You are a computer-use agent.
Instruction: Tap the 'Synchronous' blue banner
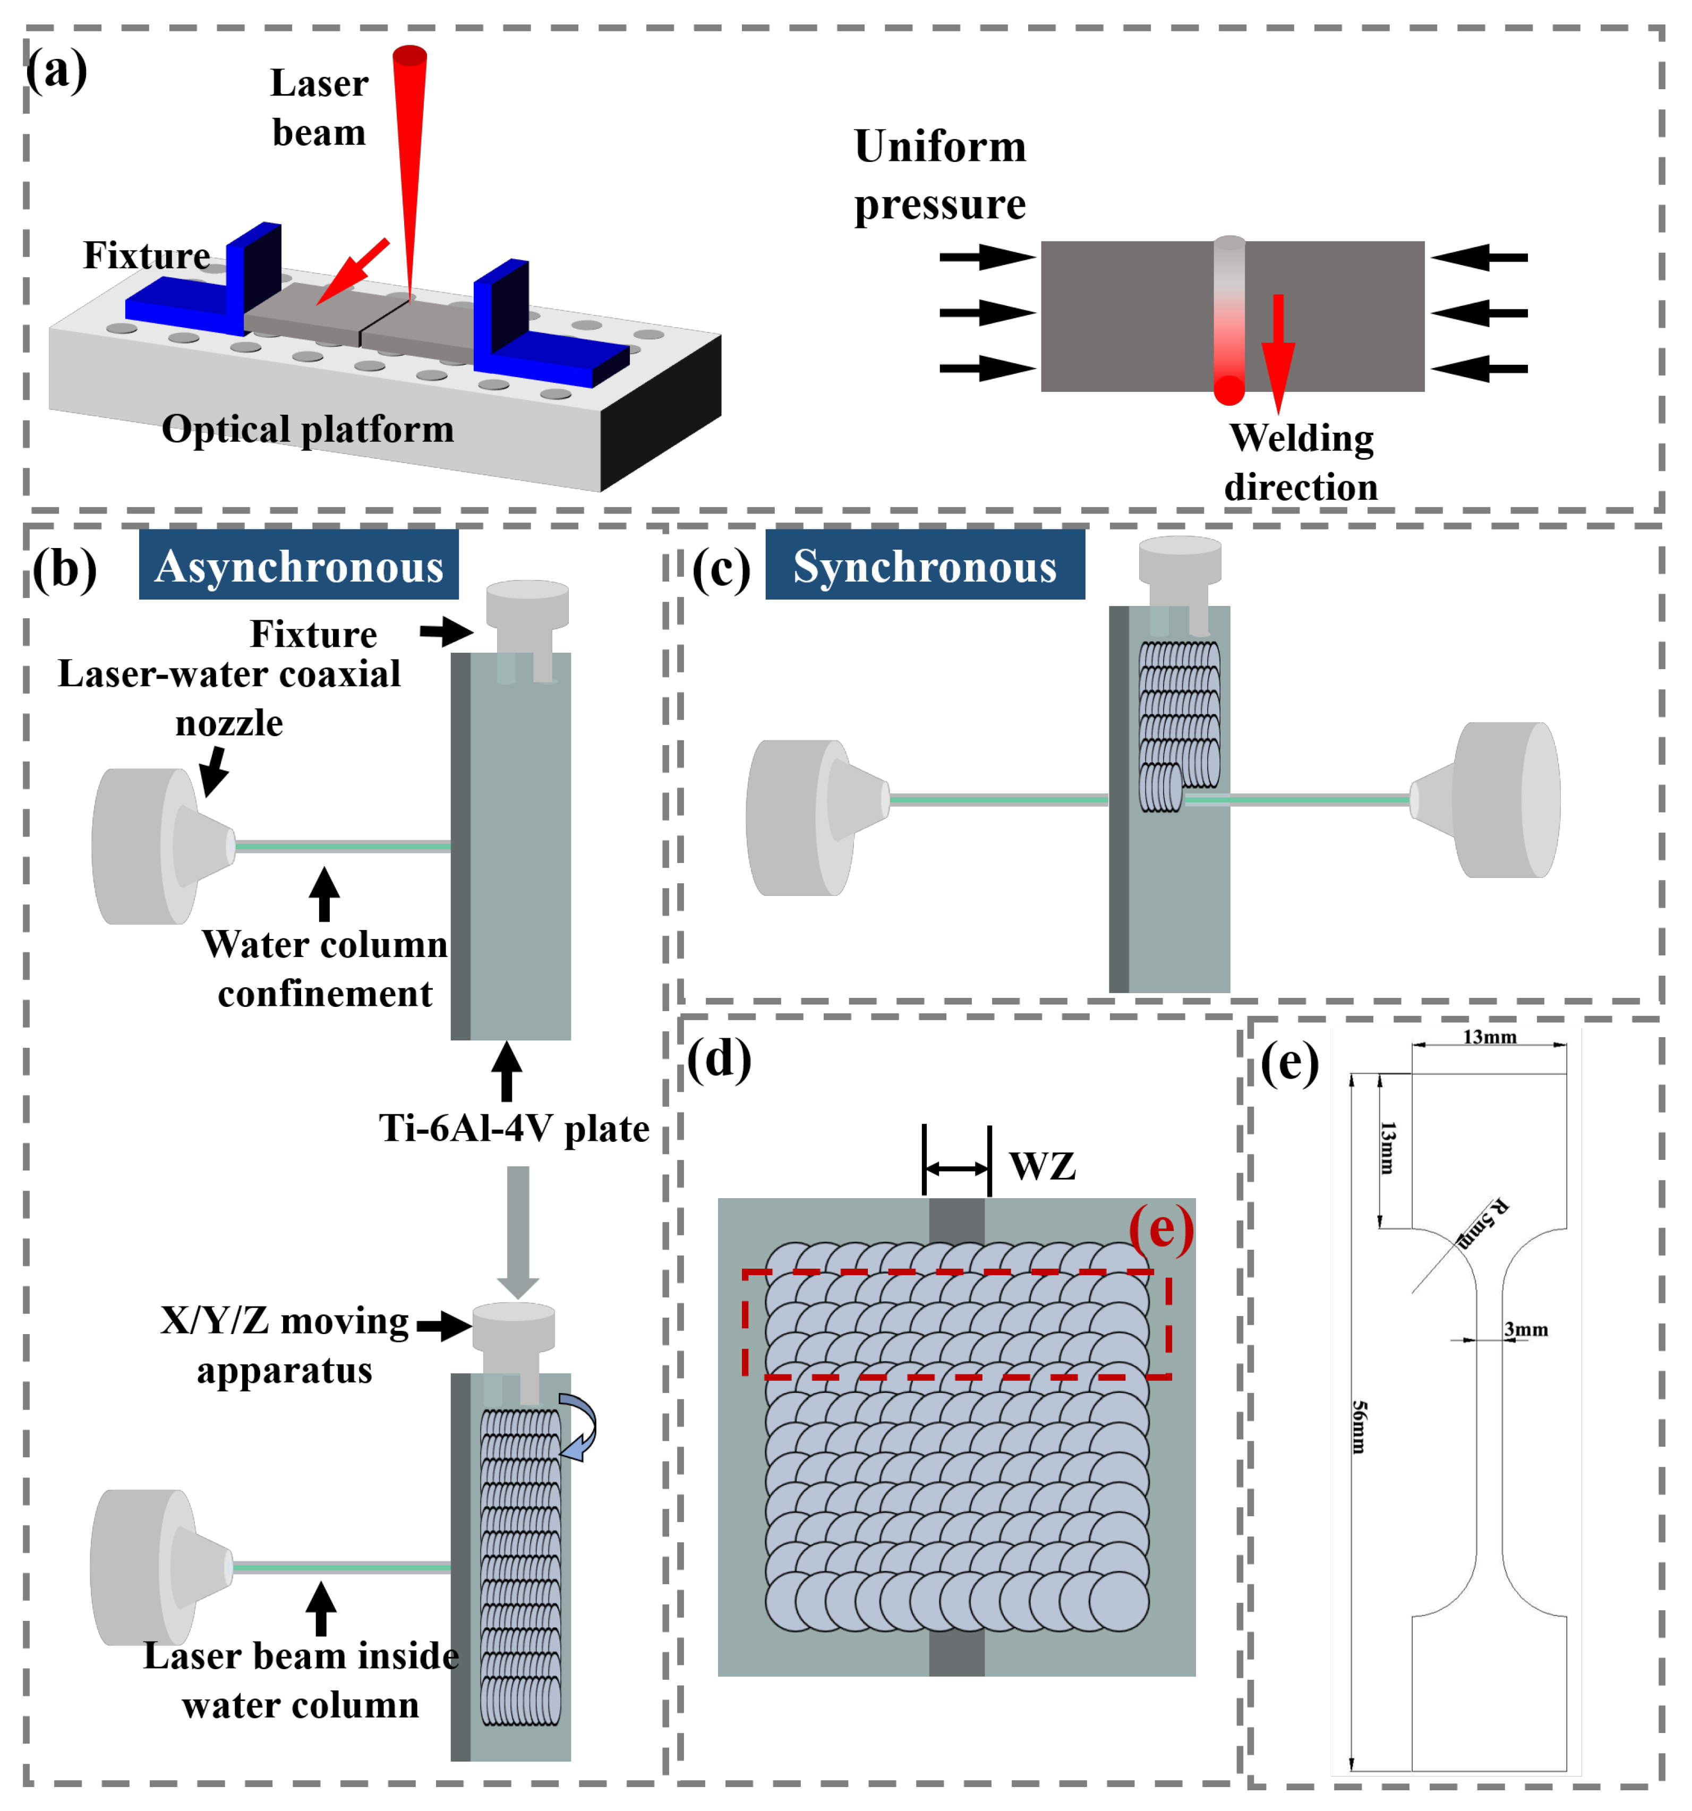pyautogui.click(x=924, y=564)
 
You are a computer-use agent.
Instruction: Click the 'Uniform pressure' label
pyautogui.click(x=939, y=174)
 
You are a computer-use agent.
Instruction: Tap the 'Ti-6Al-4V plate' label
pyautogui.click(x=514, y=1128)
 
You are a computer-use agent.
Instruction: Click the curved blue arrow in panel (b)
pyautogui.click(x=579, y=1425)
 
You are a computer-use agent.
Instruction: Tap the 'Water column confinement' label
pyautogui.click(x=325, y=968)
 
